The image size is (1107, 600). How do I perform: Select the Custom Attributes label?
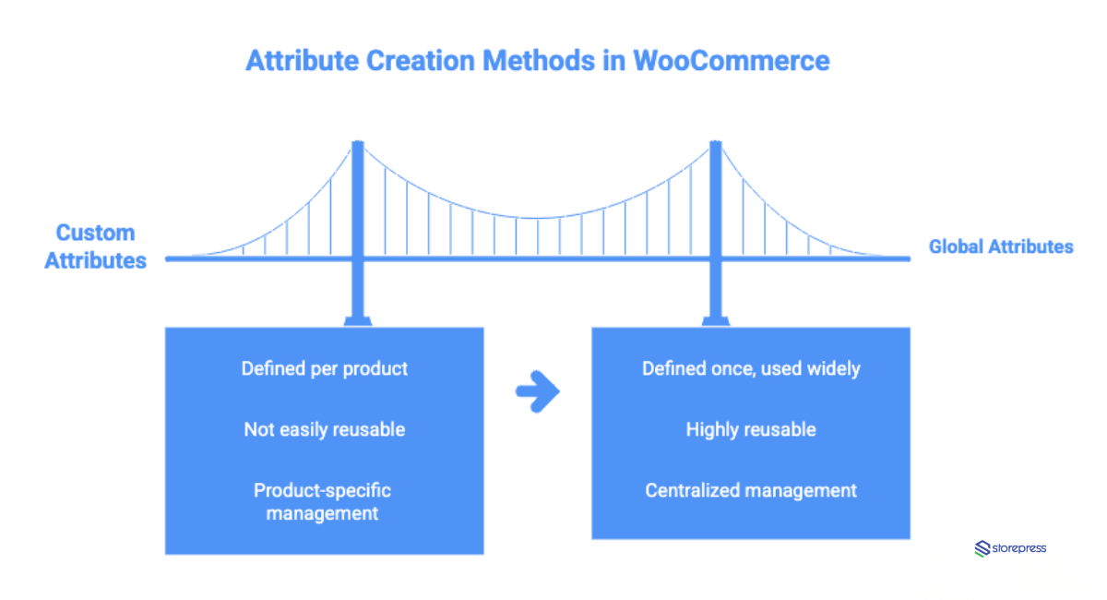click(95, 246)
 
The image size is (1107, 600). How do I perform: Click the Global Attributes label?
click(1001, 246)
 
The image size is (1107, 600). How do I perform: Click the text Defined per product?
click(324, 368)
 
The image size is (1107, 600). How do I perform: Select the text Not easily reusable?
click(324, 429)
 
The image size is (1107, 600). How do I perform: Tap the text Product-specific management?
click(323, 501)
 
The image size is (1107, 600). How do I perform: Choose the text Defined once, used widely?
click(751, 368)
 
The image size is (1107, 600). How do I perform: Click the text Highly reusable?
click(751, 429)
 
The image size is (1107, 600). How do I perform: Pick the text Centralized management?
click(751, 490)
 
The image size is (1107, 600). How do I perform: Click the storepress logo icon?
click(982, 548)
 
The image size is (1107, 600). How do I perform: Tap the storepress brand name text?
click(1019, 548)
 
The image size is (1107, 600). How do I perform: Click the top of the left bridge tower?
click(358, 145)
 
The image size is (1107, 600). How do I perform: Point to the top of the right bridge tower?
click(714, 145)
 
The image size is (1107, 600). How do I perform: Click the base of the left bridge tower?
click(358, 320)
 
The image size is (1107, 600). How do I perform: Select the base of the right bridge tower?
click(714, 320)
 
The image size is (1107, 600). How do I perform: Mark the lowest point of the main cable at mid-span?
click(537, 218)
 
